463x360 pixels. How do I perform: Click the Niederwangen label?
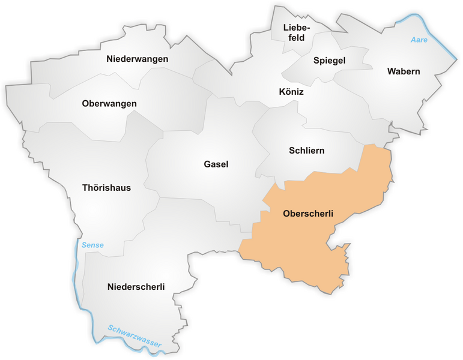(x=137, y=59)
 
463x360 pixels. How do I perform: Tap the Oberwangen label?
(x=109, y=104)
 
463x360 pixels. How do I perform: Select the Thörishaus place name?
(x=106, y=188)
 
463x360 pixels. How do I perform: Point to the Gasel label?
(x=216, y=164)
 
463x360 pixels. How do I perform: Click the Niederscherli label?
(x=136, y=286)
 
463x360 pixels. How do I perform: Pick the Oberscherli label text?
(x=307, y=214)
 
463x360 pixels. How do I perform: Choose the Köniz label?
(x=291, y=92)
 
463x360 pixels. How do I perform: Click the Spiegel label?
(x=329, y=61)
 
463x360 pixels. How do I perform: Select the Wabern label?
(x=404, y=71)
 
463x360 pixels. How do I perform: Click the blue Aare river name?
(x=418, y=40)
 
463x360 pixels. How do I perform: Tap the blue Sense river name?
(x=92, y=245)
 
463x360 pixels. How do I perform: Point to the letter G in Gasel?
(x=207, y=164)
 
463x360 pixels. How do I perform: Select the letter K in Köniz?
(x=282, y=92)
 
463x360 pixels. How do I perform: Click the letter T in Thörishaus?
(x=85, y=188)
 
